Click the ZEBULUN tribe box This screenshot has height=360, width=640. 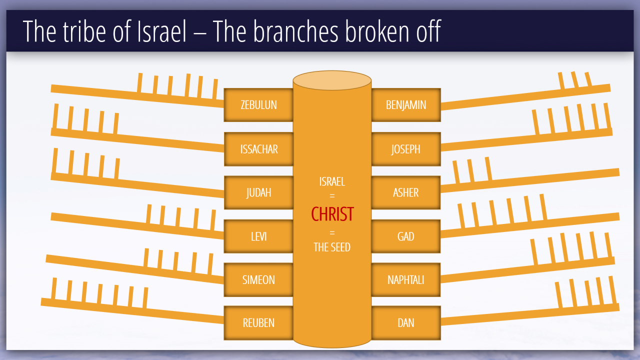258,105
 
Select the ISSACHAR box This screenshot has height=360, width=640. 258,149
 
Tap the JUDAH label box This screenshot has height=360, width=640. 258,192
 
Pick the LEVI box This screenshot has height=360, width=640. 258,236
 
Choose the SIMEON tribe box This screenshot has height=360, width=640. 258,279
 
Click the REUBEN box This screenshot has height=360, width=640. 258,323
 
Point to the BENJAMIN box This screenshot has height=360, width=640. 405,105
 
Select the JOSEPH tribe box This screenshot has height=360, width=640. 405,149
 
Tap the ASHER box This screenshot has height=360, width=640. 405,192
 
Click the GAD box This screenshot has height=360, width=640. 405,236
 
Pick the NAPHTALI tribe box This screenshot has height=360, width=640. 405,279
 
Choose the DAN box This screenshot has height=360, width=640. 405,323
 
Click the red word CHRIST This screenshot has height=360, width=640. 332,214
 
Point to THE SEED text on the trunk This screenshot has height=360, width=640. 332,247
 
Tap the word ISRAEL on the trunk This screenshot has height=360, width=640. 332,182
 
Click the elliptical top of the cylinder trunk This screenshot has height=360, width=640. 332,80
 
